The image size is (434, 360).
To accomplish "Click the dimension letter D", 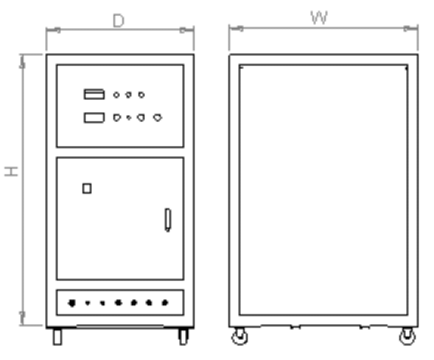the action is pyautogui.click(x=119, y=21).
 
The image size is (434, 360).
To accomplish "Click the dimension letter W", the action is pyautogui.click(x=319, y=18).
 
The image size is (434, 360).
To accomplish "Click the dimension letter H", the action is pyautogui.click(x=11, y=172).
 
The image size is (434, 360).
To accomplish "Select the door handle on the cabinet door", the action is pyautogui.click(x=168, y=220).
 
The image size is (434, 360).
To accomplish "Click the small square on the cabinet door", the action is pyautogui.click(x=87, y=188).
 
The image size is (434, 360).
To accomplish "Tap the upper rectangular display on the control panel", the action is pyautogui.click(x=94, y=94).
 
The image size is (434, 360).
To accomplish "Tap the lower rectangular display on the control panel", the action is pyautogui.click(x=94, y=118).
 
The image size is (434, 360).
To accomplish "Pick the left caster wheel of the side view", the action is pyautogui.click(x=239, y=336).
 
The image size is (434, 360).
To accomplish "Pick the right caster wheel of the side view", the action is pyautogui.click(x=407, y=336).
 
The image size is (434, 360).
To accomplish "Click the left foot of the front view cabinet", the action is pyautogui.click(x=57, y=336).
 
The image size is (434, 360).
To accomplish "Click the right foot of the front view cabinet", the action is pyautogui.click(x=183, y=336).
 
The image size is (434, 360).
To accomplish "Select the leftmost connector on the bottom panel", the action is pyautogui.click(x=72, y=303).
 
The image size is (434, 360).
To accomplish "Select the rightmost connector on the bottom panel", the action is pyautogui.click(x=165, y=303).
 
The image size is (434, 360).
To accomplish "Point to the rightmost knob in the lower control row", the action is pyautogui.click(x=158, y=118).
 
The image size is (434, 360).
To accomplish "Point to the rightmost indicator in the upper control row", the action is pyautogui.click(x=141, y=95).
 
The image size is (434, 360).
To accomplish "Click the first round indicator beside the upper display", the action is pyautogui.click(x=116, y=95).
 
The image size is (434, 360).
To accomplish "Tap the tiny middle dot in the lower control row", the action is pyautogui.click(x=129, y=118).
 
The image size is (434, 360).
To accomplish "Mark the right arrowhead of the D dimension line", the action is pyautogui.click(x=186, y=30).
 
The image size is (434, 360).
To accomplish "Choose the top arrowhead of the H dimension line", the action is pyautogui.click(x=23, y=62).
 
